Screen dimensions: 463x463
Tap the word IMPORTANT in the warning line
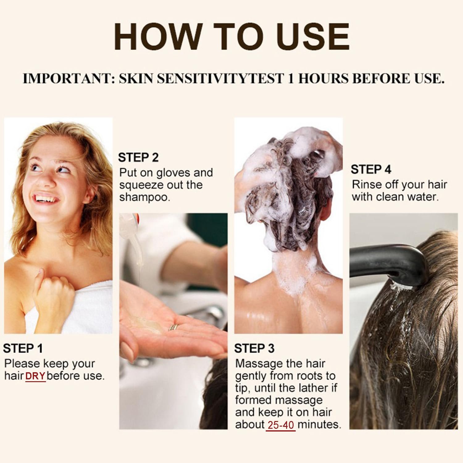pos(66,79)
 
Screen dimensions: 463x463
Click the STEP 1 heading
pos(23,348)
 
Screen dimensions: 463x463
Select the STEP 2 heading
pos(138,157)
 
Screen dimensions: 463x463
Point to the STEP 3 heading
pos(254,348)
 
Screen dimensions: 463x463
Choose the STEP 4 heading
pos(371,169)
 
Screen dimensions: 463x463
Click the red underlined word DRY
pos(35,376)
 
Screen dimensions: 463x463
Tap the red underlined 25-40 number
pos(281,425)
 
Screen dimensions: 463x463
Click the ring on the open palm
pos(174,327)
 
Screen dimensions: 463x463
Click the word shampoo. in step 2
pos(145,198)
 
